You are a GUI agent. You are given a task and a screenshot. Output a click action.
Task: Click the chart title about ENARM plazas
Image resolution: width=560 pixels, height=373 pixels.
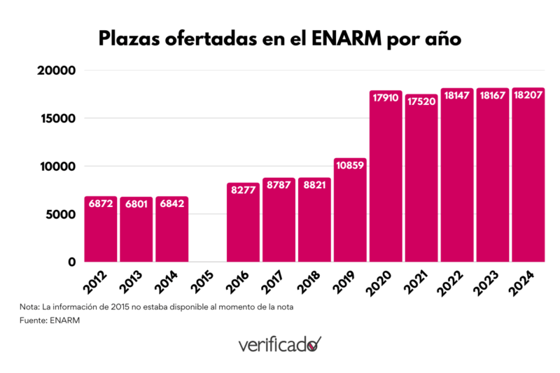pyautogui.click(x=280, y=38)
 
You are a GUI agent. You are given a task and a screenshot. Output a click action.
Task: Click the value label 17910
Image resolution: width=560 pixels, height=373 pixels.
pyautogui.click(x=386, y=98)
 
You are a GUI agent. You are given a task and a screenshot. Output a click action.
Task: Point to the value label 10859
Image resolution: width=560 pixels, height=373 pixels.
pyautogui.click(x=350, y=166)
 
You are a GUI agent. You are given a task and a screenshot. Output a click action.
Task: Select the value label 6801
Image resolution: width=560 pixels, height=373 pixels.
pyautogui.click(x=136, y=204)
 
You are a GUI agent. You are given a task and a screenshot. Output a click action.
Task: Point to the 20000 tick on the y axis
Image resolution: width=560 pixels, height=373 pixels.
pyautogui.click(x=56, y=71)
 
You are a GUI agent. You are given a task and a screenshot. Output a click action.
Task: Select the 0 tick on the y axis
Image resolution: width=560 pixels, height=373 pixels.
pyautogui.click(x=71, y=262)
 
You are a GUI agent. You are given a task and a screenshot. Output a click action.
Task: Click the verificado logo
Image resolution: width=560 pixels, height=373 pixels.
pyautogui.click(x=280, y=344)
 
